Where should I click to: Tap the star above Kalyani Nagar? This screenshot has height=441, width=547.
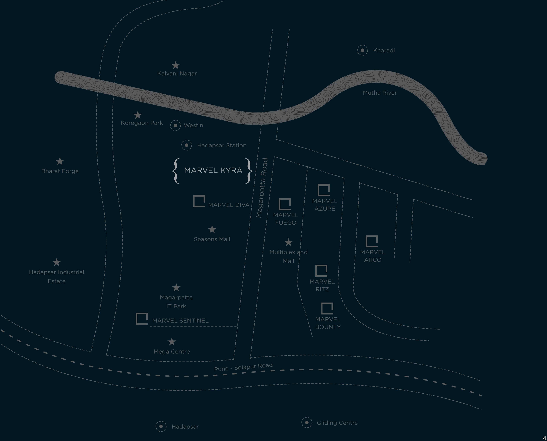click(175, 65)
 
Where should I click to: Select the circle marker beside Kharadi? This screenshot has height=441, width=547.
click(362, 50)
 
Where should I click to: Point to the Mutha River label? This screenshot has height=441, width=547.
click(380, 93)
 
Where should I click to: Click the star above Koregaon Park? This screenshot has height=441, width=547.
click(138, 115)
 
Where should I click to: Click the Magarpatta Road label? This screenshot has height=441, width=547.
click(262, 188)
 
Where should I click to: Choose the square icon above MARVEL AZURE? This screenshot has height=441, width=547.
click(324, 190)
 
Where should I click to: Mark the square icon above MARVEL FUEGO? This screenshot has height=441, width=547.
click(285, 204)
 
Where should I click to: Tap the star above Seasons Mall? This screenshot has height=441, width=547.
click(212, 229)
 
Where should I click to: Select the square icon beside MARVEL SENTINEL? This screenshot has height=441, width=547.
click(142, 319)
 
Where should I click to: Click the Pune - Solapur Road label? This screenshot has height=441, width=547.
click(243, 367)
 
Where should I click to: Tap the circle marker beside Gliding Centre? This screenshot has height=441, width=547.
click(307, 423)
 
